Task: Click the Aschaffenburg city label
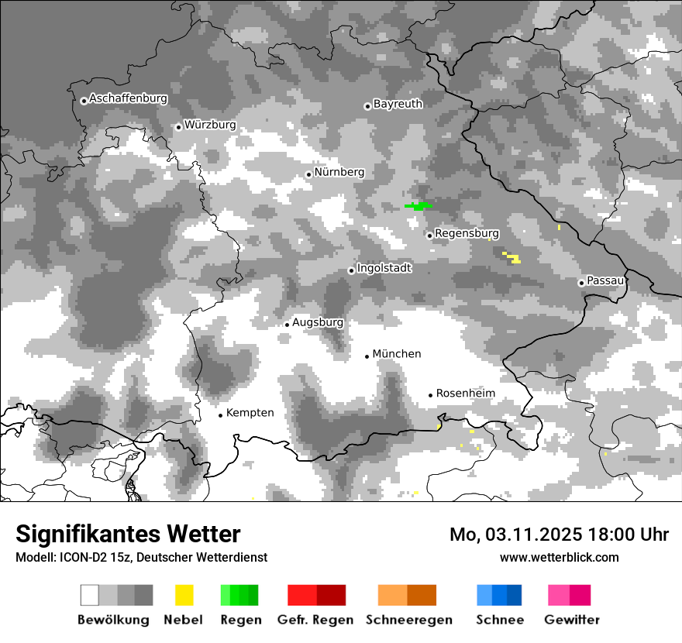point(128,99)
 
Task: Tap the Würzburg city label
point(210,125)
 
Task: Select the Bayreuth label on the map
point(398,104)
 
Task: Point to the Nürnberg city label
point(339,172)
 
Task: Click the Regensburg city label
point(467,233)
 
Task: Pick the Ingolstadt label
point(384,268)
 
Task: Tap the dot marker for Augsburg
point(287,325)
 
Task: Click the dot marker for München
point(367,356)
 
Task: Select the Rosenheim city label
point(465,394)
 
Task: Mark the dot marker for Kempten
point(220,415)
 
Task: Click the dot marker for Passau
point(581,283)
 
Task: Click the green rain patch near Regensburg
point(418,206)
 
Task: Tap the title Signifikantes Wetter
point(128,534)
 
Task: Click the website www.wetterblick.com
point(559,557)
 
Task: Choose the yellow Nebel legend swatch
point(184,595)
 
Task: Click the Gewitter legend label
point(571,620)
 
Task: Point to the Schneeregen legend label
point(408,620)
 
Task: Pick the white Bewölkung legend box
point(90,595)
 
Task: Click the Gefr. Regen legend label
point(315,620)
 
